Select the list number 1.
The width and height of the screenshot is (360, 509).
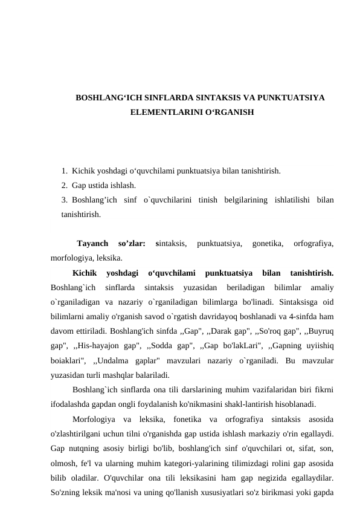tap(63, 171)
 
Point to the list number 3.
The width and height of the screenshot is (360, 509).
tap(63, 199)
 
